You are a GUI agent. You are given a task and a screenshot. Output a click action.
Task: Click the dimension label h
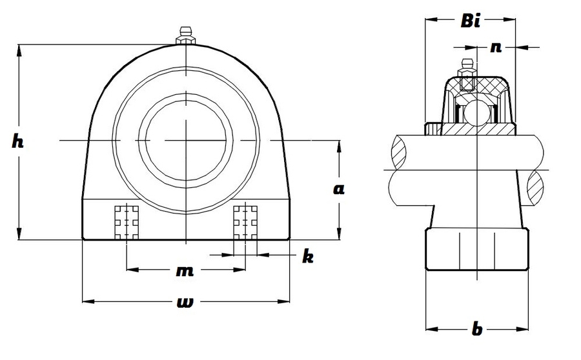(x=17, y=142)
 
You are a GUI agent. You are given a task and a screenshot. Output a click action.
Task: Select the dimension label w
(x=185, y=303)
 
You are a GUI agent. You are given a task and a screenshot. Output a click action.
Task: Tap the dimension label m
(x=185, y=271)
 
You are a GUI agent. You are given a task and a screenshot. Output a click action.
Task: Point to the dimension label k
(x=308, y=256)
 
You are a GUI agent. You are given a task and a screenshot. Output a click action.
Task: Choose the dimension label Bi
(x=471, y=21)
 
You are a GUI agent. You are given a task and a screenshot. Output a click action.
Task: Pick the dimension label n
(x=496, y=46)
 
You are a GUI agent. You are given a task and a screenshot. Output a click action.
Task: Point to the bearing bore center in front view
(x=185, y=140)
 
